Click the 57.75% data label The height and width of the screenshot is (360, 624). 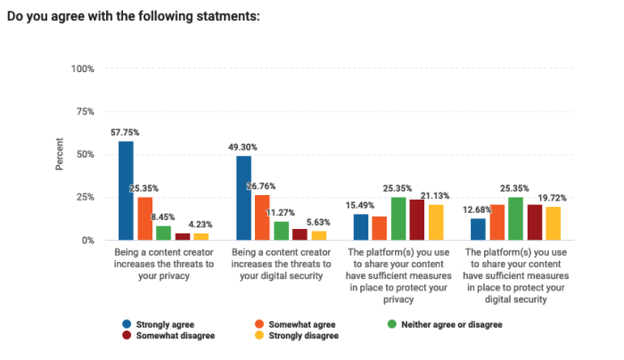pyautogui.click(x=126, y=132)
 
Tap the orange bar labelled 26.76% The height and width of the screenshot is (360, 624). pyautogui.click(x=263, y=217)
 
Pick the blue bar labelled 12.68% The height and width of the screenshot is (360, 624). pyautogui.click(x=479, y=229)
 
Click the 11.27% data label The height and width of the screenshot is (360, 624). pyautogui.click(x=283, y=212)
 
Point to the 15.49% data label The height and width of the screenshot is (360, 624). pyautogui.click(x=361, y=205)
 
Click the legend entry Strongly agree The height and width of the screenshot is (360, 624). pyautogui.click(x=161, y=324)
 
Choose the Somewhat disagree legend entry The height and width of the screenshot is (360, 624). pyautogui.click(x=169, y=336)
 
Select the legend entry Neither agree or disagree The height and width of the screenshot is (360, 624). pyautogui.click(x=452, y=324)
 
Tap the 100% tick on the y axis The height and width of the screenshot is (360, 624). pyautogui.click(x=82, y=69)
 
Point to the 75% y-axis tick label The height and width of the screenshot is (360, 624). pyautogui.click(x=85, y=111)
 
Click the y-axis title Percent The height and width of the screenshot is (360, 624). pyautogui.click(x=60, y=154)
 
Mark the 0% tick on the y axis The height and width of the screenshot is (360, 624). pyautogui.click(x=87, y=241)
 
